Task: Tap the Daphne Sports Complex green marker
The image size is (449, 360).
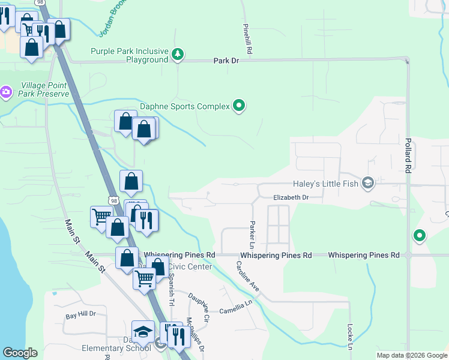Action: (x=240, y=107)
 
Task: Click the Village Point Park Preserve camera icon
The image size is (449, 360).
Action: (x=6, y=92)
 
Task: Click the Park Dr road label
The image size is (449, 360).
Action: (x=227, y=61)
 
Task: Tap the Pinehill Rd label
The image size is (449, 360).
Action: (x=247, y=40)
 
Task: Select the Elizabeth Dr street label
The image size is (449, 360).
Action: (x=291, y=197)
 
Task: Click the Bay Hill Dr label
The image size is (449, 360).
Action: (x=80, y=314)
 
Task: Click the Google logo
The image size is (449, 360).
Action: (x=20, y=353)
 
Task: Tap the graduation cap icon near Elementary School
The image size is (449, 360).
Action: (x=143, y=331)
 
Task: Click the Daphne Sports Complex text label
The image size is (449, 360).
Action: (x=185, y=107)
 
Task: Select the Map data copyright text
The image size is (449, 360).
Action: (x=411, y=355)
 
